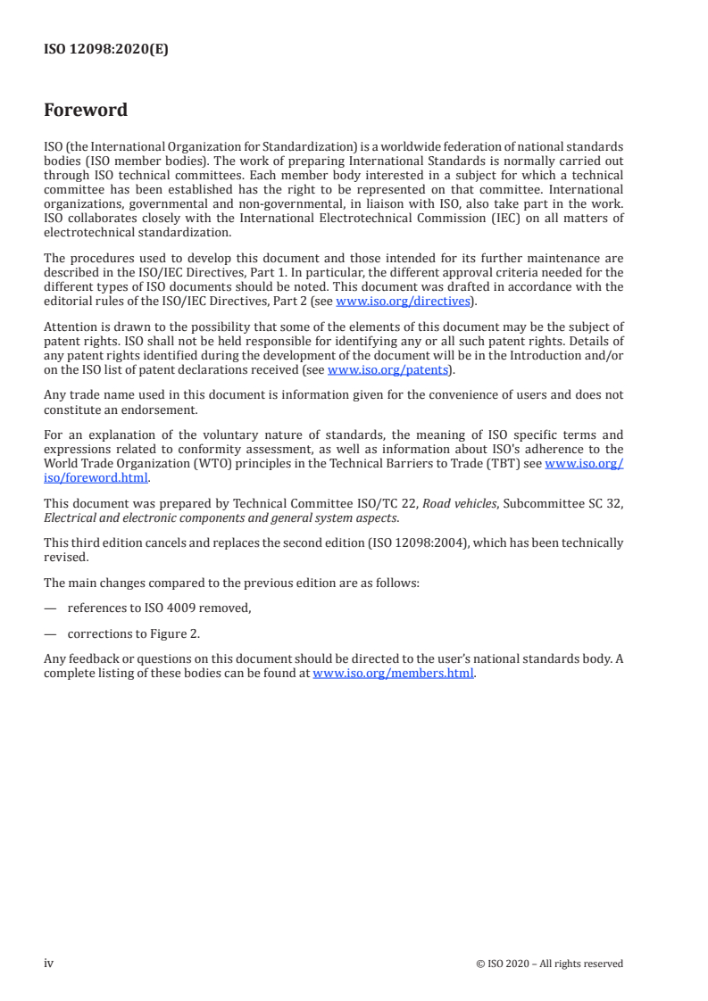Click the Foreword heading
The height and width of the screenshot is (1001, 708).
(x=86, y=111)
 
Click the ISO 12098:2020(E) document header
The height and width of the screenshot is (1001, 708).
(x=106, y=50)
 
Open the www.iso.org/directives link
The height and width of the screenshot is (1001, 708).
(x=403, y=302)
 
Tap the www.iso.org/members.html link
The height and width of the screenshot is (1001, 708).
(x=393, y=674)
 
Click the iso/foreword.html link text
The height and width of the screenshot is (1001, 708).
(x=96, y=477)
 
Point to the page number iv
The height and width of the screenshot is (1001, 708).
(x=49, y=963)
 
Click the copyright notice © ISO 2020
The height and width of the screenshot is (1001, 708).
(x=549, y=964)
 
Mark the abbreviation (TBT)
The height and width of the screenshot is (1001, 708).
(x=522, y=464)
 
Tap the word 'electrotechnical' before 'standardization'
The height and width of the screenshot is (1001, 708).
(x=88, y=233)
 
